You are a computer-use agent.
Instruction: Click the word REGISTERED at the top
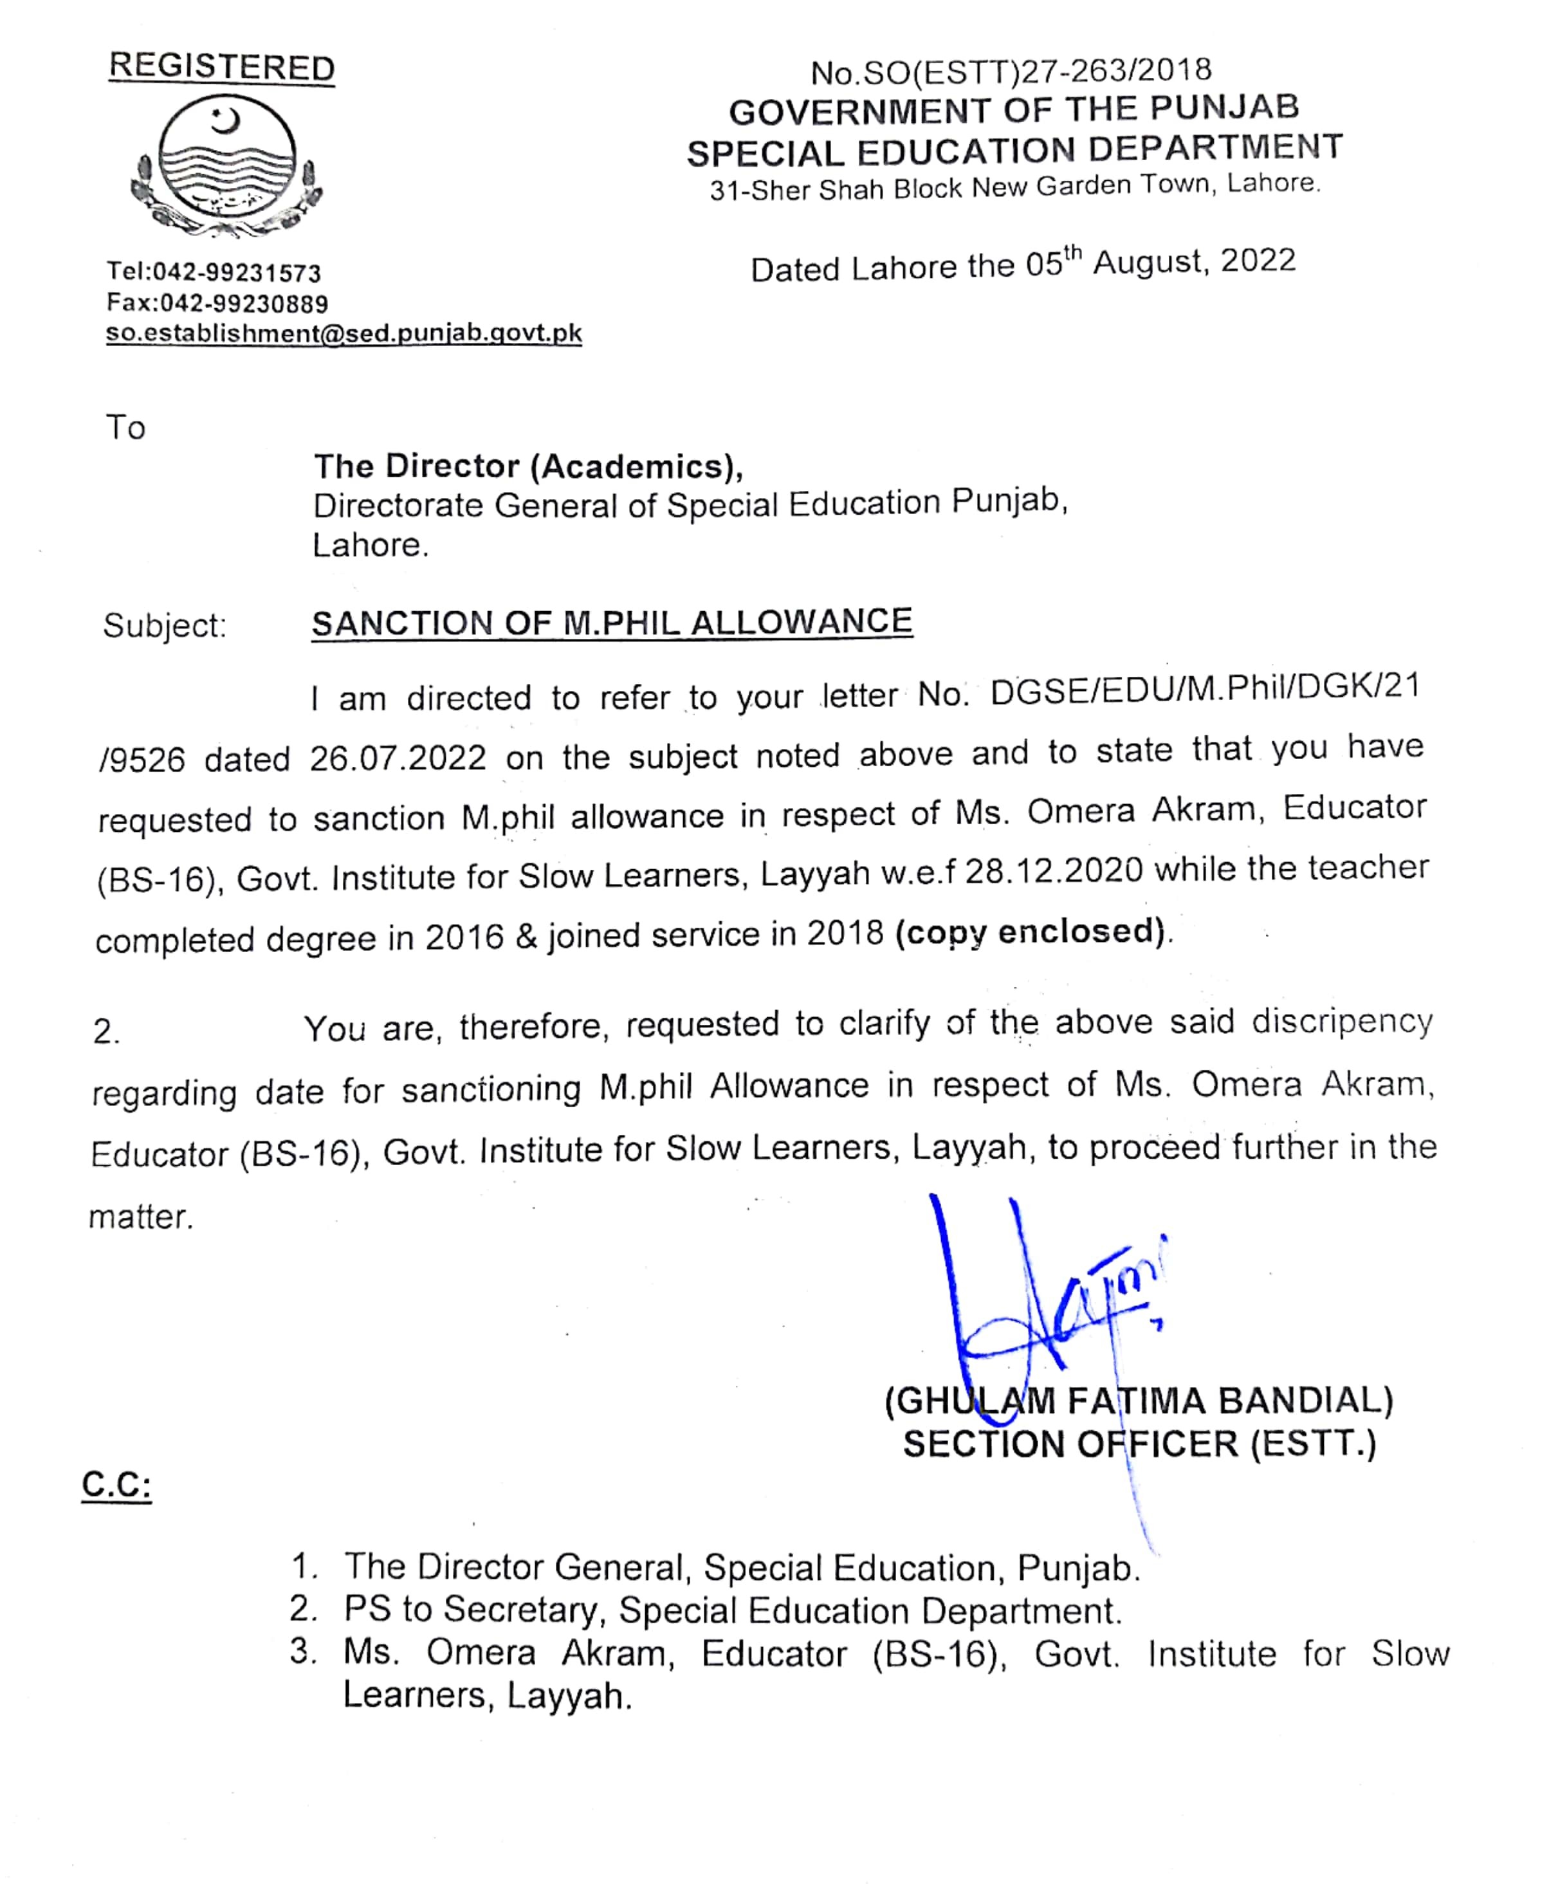click(221, 68)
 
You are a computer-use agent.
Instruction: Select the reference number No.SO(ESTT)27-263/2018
click(1011, 71)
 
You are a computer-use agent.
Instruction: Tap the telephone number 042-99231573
click(237, 272)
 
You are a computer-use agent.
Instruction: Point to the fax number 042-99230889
click(244, 303)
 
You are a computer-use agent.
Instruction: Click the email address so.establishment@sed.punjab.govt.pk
click(344, 334)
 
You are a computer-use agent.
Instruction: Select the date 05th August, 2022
click(1160, 263)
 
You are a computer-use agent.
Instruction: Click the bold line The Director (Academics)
click(528, 466)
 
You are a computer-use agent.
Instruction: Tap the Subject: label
click(165, 625)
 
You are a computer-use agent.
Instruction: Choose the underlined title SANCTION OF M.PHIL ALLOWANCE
click(612, 623)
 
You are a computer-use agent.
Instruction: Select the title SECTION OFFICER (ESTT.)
click(1139, 1444)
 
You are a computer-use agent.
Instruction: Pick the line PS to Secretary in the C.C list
click(731, 1610)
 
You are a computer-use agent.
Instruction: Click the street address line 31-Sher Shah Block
click(1014, 187)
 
